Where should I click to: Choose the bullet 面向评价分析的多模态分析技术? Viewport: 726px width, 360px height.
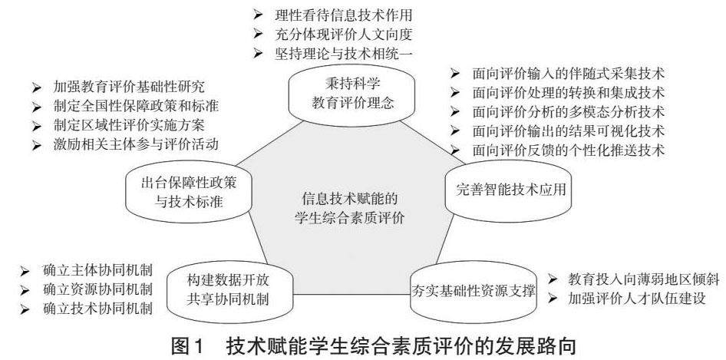pyautogui.click(x=569, y=111)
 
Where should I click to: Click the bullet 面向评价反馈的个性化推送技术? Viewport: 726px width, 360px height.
pyautogui.click(x=569, y=148)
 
